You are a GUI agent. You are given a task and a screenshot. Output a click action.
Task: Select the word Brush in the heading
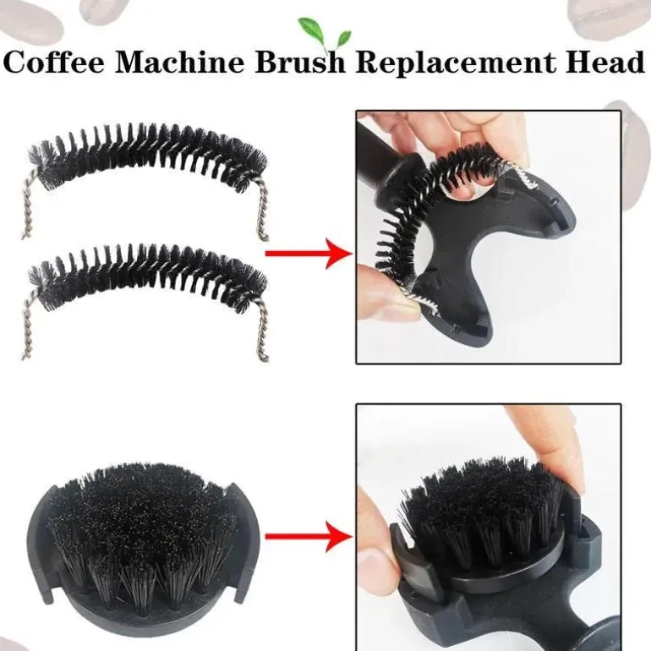click(x=300, y=63)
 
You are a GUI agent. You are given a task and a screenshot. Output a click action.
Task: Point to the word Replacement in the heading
click(x=456, y=63)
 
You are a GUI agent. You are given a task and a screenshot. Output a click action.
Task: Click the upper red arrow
click(x=309, y=254)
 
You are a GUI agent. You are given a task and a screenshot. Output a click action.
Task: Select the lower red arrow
click(x=309, y=536)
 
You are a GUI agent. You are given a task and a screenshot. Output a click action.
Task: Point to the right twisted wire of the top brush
click(x=261, y=210)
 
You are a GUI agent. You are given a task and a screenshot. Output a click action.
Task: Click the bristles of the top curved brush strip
click(x=147, y=156)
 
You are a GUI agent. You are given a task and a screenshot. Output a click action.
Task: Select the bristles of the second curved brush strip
click(x=147, y=276)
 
